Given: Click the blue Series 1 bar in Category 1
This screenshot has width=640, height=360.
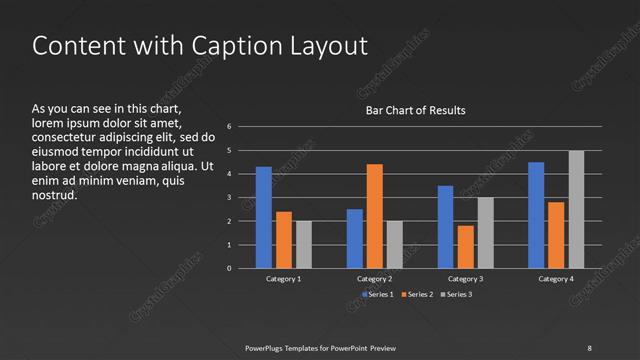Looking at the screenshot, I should point(264,217).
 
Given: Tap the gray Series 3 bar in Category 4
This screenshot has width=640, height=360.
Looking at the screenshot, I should point(576,209).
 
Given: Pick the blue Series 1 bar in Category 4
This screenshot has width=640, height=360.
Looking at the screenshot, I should point(536,215).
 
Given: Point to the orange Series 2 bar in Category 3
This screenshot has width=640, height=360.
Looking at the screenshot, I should point(465,247).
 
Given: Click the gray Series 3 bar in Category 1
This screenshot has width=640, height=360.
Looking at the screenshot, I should point(304,244).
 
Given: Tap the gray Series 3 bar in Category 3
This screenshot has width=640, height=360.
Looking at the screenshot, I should point(485,232).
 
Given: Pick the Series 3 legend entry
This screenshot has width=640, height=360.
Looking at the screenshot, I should point(459,294).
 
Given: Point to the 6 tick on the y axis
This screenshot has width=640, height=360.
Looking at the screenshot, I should point(229,127).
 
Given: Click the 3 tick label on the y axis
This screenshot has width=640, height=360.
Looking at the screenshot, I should point(229,197).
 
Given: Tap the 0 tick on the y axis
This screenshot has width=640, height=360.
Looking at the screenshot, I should point(229,268).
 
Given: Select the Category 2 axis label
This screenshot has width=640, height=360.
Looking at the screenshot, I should point(375,279).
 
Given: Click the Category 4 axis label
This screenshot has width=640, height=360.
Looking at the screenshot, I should point(556,279).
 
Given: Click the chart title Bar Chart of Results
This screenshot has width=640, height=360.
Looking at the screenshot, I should point(414,110).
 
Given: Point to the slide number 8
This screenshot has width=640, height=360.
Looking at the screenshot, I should point(589,347).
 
